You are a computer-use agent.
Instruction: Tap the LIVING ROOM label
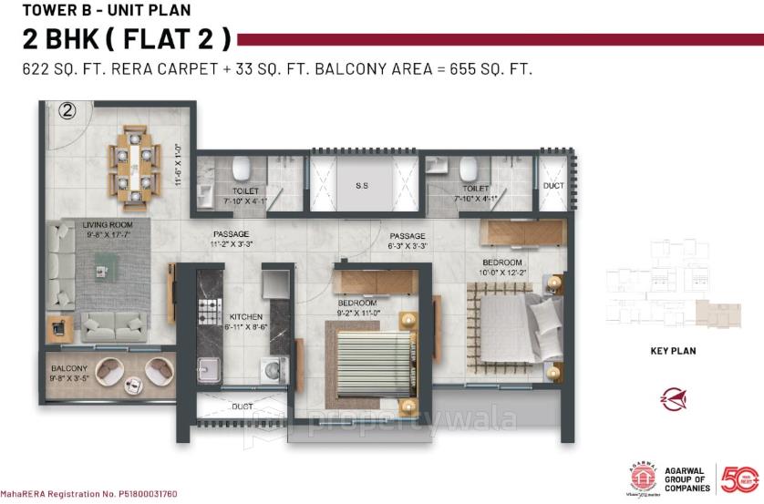(108, 223)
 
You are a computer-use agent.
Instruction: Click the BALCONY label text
(69, 366)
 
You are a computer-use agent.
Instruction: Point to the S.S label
(361, 185)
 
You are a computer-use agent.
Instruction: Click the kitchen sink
(211, 370)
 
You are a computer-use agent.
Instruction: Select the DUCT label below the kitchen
(242, 406)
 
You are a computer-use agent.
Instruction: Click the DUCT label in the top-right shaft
(553, 185)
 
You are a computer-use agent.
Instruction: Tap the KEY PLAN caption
(674, 349)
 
